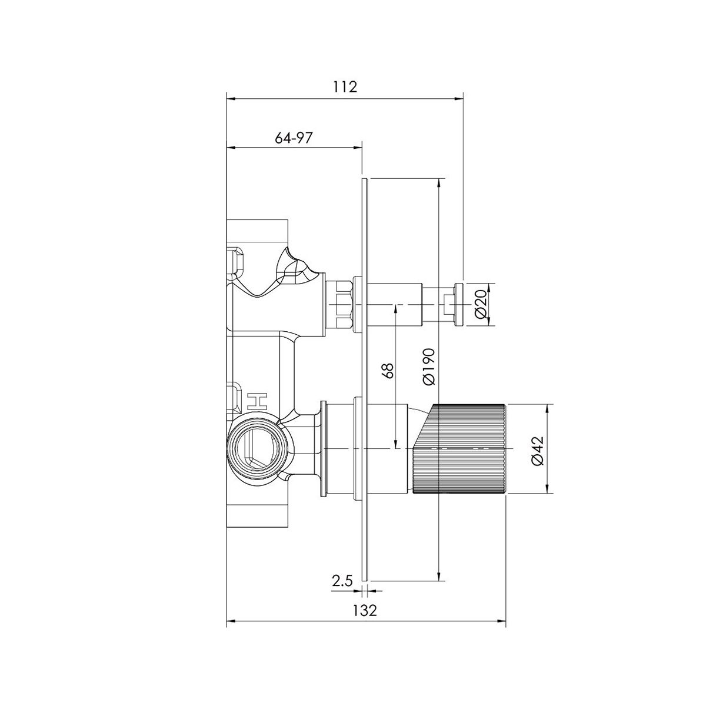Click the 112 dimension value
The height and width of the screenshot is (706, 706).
pos(345,86)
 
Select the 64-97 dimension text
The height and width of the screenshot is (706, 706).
pos(294,138)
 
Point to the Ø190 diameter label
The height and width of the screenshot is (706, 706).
pos(429,367)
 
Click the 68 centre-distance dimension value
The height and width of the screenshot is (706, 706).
pos(389,370)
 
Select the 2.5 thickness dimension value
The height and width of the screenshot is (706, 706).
pos(342,581)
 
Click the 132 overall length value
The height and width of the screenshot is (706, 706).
pos(365,610)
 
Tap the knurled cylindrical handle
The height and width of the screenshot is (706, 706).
pos(459,448)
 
